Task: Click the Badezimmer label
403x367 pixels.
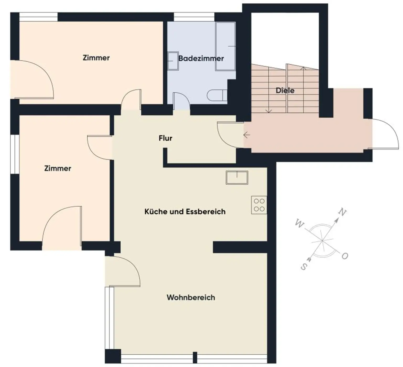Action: point(201,58)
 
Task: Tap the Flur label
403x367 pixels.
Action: point(165,138)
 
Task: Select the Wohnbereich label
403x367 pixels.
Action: point(191,297)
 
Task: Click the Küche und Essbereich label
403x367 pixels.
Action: point(185,211)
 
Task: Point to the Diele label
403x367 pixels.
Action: point(285,90)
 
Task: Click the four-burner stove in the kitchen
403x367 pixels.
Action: point(259,205)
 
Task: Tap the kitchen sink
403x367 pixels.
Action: point(237,177)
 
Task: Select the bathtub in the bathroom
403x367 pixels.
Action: point(225,46)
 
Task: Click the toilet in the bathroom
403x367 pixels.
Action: point(217,95)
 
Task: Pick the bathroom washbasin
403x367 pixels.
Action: point(173,61)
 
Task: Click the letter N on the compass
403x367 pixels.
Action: point(342,212)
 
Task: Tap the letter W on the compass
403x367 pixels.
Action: point(299,224)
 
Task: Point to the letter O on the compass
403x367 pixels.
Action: point(345,256)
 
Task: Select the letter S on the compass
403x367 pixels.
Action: point(304,267)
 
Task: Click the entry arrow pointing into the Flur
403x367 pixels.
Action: point(247,135)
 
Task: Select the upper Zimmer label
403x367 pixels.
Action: point(96,58)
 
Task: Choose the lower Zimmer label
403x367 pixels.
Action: point(57,168)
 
